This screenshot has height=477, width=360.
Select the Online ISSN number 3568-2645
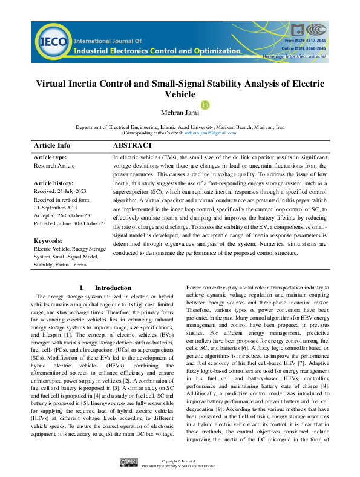point(313,48)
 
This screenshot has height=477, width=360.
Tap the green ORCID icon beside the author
point(205,105)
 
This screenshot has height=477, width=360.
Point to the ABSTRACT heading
point(133,146)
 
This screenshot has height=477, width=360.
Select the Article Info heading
point(52,146)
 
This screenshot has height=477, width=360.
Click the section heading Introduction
point(113,288)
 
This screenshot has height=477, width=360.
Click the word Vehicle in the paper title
point(180,94)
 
